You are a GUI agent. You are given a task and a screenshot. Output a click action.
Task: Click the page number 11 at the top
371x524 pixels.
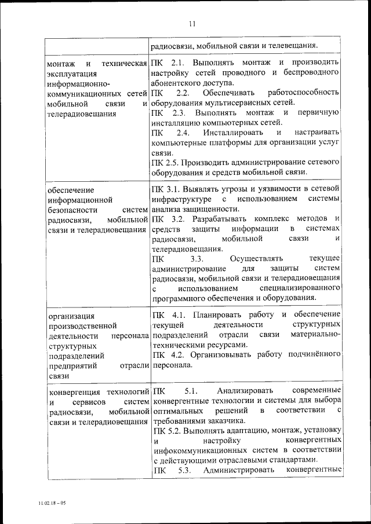[192, 24]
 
